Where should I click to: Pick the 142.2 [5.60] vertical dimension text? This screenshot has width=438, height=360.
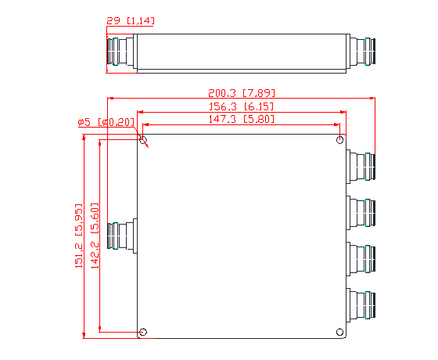pos(95,236)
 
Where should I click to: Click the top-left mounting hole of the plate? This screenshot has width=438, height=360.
pos(142,140)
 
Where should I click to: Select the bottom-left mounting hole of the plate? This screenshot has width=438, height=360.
pos(142,333)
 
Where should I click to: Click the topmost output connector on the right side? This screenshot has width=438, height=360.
pos(361,165)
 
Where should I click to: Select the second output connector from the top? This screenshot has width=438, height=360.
pos(361,211)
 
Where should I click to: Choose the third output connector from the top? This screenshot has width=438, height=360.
pos(361,256)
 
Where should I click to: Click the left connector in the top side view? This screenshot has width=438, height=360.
pos(121,53)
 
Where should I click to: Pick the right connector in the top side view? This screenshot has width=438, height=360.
pos(362,53)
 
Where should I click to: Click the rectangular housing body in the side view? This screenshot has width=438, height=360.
pos(242,53)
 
